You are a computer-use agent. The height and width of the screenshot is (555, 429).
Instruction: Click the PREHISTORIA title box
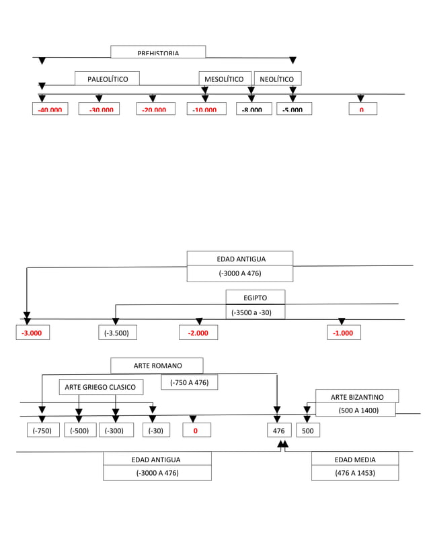pyautogui.click(x=158, y=52)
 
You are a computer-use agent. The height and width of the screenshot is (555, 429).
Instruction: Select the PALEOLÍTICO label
pyautogui.click(x=107, y=79)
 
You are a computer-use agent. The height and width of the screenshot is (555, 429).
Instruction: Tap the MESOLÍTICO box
pyautogui.click(x=225, y=79)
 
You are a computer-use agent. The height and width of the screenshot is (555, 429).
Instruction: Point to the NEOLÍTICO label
pyautogui.click(x=277, y=79)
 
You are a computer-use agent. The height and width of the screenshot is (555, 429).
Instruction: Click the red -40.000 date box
pyautogui.click(x=50, y=109)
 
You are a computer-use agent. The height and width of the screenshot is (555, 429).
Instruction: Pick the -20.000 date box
pyautogui.click(x=155, y=109)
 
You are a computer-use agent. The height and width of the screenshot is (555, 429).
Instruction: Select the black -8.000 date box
pyautogui.click(x=253, y=109)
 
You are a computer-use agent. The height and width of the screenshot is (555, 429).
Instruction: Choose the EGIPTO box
pyautogui.click(x=255, y=297)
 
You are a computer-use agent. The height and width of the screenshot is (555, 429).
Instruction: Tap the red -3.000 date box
pyautogui.click(x=32, y=333)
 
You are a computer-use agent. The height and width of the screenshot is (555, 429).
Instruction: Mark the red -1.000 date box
pyautogui.click(x=344, y=333)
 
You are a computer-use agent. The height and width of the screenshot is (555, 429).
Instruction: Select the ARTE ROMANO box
pyautogui.click(x=157, y=366)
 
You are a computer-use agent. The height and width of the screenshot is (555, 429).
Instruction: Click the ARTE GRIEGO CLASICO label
pyautogui.click(x=101, y=387)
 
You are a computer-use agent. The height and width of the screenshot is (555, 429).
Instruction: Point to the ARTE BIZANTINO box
pyautogui.click(x=356, y=396)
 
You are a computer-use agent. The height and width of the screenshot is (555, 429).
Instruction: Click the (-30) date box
pyautogui.click(x=155, y=430)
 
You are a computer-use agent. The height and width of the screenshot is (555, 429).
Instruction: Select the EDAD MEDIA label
pyautogui.click(x=354, y=460)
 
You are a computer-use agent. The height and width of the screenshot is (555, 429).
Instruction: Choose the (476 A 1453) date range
pyautogui.click(x=354, y=473)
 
